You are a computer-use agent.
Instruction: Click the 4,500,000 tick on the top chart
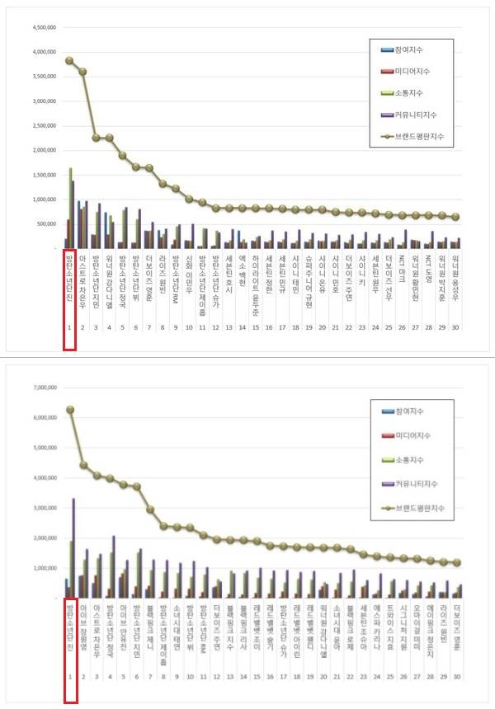tap(41, 27)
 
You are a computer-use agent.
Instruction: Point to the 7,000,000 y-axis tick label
tap(41, 387)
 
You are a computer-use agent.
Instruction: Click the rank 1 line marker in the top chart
tap(69, 60)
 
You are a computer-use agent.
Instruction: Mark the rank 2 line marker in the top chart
tap(82, 72)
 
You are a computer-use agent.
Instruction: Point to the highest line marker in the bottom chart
tap(70, 410)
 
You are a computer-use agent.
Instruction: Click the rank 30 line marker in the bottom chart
tap(456, 562)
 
